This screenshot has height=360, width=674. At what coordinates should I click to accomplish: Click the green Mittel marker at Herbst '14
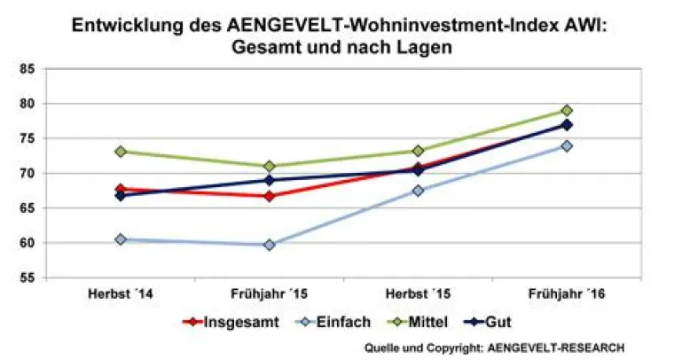(x=120, y=152)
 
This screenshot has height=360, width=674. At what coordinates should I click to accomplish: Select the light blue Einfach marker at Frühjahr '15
(x=269, y=245)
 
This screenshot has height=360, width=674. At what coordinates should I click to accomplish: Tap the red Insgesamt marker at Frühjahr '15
(x=269, y=196)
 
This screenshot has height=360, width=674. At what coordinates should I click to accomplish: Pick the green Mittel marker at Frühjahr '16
(x=567, y=111)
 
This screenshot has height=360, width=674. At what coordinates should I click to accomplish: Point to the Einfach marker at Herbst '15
(x=418, y=191)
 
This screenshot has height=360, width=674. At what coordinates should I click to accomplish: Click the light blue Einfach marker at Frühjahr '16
(x=567, y=146)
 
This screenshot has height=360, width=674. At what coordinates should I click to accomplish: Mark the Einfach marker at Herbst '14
(x=120, y=239)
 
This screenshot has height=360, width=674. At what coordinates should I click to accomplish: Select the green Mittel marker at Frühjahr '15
(x=269, y=166)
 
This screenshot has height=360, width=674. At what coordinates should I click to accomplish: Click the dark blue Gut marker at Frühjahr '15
(x=269, y=180)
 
